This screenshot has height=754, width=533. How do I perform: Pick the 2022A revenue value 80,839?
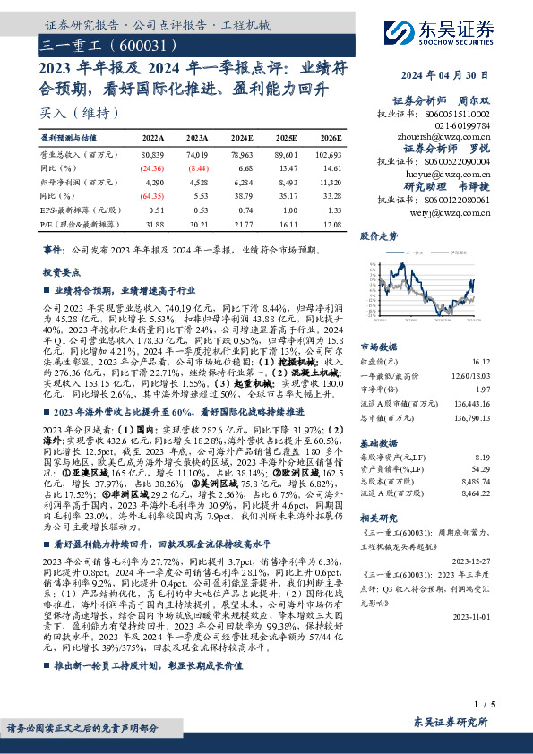click(153, 156)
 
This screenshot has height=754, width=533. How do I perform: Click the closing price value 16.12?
click(479, 362)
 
